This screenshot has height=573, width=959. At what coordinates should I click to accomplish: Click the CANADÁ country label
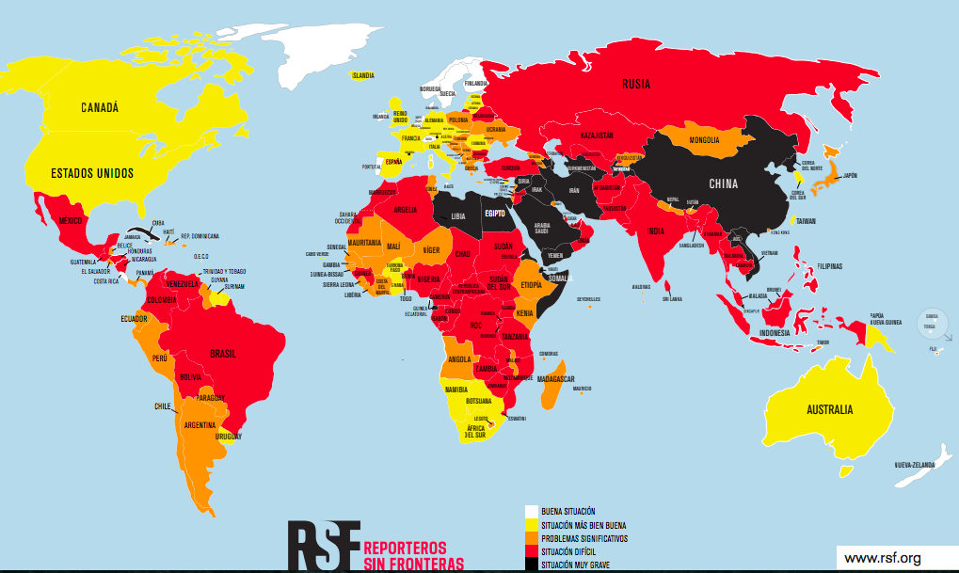99,107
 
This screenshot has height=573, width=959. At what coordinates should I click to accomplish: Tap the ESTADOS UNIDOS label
91,173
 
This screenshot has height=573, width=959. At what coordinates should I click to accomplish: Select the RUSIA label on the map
635,84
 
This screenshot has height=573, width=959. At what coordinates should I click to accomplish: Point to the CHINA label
723,183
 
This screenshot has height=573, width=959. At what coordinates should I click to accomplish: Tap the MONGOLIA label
704,141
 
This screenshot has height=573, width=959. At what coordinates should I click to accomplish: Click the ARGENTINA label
200,424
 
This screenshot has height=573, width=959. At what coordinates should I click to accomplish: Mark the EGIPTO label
495,213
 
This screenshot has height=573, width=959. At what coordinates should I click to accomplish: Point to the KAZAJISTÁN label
597,135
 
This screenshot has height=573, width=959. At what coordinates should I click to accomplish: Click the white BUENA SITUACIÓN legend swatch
532,511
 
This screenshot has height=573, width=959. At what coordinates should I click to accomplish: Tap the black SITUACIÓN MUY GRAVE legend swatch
532,564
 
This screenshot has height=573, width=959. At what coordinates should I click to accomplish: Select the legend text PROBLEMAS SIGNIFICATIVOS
583,537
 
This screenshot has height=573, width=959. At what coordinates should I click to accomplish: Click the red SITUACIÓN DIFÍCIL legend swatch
532,550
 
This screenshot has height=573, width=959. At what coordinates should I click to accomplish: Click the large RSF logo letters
324,545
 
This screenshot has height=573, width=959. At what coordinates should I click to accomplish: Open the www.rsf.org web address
882,559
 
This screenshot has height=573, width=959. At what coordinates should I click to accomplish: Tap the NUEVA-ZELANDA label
917,465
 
